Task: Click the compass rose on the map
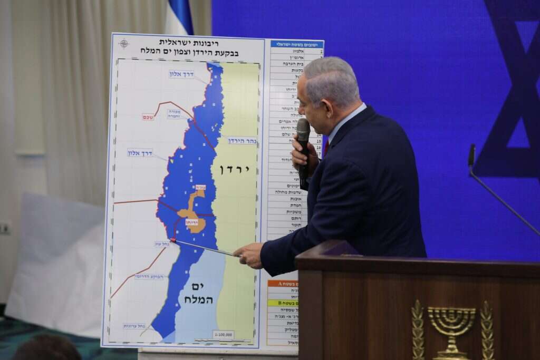tap(124, 43)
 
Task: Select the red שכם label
tap(148, 117)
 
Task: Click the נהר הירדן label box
tap(242, 141)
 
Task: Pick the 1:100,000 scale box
tap(223, 334)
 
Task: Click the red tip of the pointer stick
tap(173, 240)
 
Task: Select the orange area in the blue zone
tap(193, 211)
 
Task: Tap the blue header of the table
tap(297, 44)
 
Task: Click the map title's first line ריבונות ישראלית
tap(189, 43)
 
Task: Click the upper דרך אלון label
tap(181, 74)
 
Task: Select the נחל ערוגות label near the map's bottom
tap(134, 326)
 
